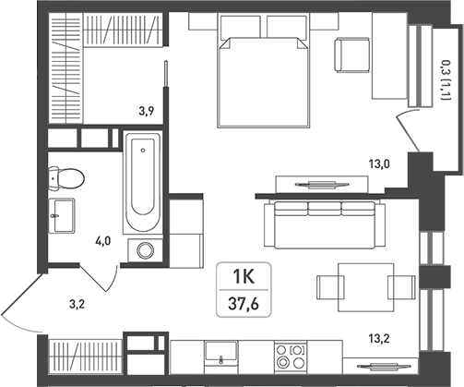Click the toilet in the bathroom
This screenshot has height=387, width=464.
click(x=66, y=178)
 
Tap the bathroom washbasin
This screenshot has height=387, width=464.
click(x=62, y=215)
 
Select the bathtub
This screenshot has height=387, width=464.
click(x=142, y=183)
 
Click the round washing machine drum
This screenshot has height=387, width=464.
click(x=145, y=250)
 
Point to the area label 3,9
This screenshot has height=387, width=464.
click(x=146, y=110)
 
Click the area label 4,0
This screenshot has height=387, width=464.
click(x=103, y=241)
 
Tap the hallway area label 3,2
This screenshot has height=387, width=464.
click(x=77, y=305)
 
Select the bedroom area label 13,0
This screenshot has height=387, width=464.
click(x=379, y=164)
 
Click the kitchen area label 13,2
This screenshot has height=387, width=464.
click(x=379, y=339)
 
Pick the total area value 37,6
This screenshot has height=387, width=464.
click(x=244, y=304)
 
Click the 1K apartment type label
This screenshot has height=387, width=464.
click(x=244, y=276)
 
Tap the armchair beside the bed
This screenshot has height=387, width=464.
click(x=352, y=55)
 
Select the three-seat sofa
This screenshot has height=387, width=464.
click(x=325, y=224)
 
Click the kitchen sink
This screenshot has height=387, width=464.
click(x=221, y=350)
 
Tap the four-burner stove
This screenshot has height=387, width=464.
click(x=291, y=357)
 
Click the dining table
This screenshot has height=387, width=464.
click(x=366, y=287)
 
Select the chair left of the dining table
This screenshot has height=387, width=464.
click(x=330, y=287)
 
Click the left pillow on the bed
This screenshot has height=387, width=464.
click(x=241, y=27)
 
